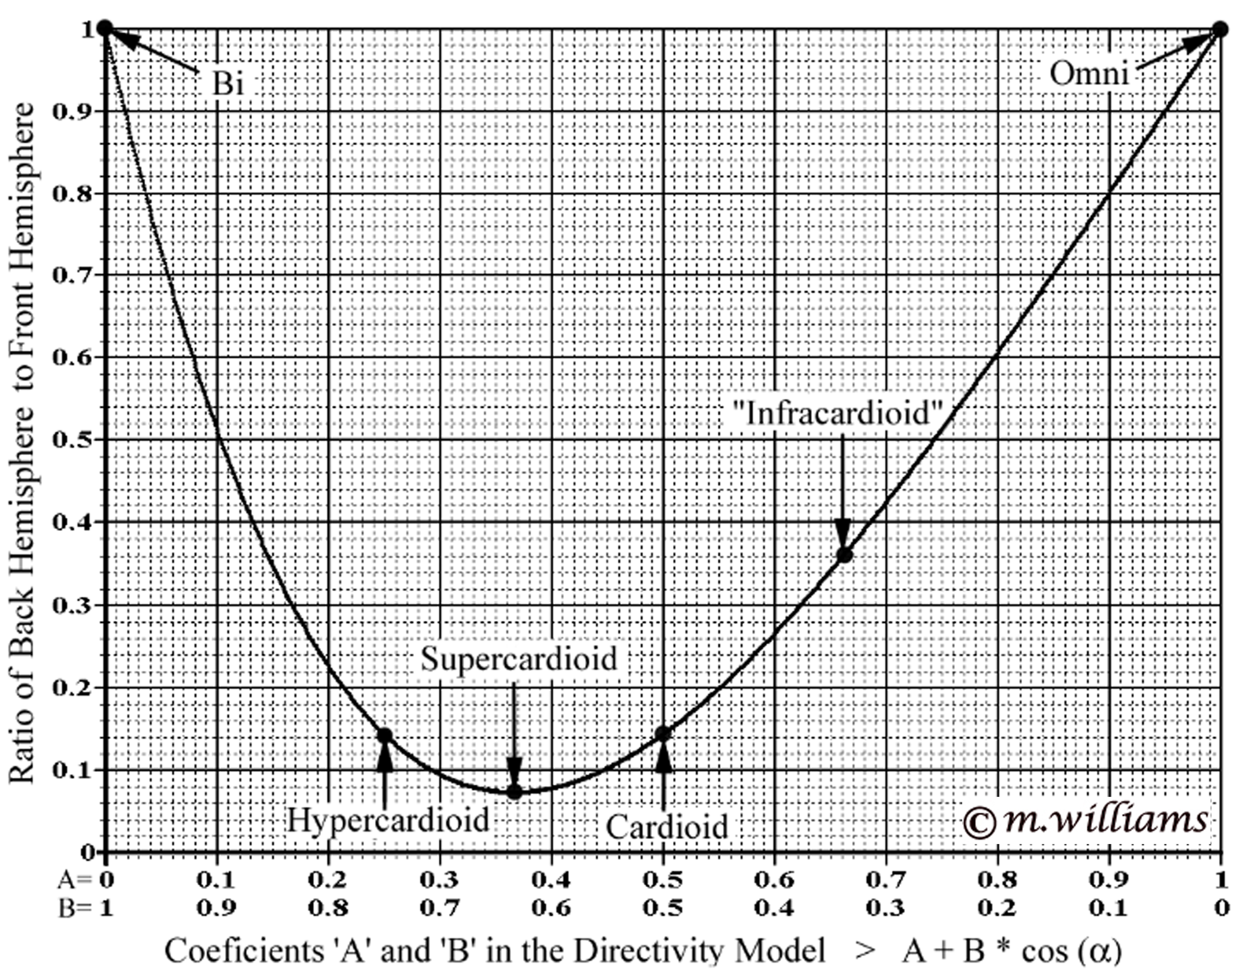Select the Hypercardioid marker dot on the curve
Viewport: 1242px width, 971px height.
pos(385,735)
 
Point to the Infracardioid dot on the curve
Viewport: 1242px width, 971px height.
pos(845,555)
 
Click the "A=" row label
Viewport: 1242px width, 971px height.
pos(74,880)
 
